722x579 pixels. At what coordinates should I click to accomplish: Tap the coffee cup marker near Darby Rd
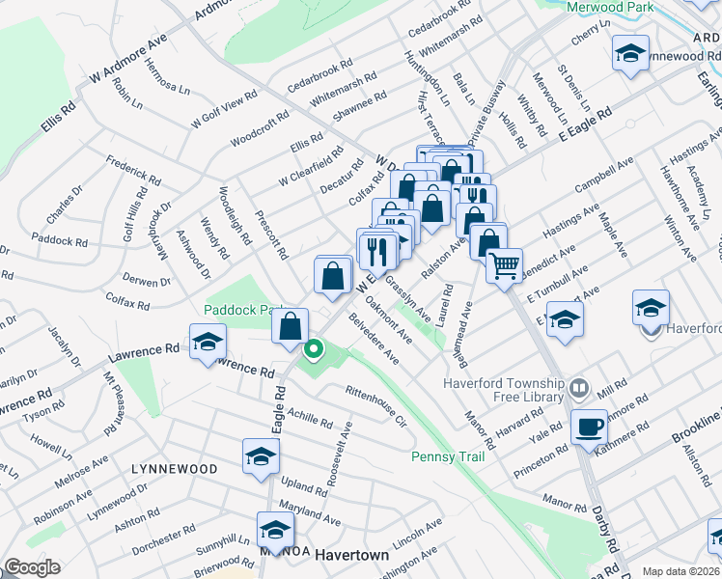(589, 426)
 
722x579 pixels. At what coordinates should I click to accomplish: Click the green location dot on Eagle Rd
(313, 348)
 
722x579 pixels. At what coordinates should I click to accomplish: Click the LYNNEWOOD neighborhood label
(175, 468)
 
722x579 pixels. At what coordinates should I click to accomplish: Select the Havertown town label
(353, 555)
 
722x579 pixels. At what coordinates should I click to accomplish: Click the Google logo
(32, 567)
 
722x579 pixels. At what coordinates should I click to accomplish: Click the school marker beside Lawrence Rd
(207, 343)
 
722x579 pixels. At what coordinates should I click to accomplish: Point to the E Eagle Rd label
(586, 126)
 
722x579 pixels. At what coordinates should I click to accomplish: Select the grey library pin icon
(579, 389)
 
